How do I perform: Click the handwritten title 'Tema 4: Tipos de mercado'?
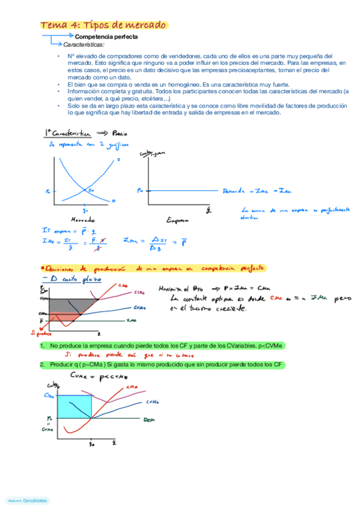(104, 25)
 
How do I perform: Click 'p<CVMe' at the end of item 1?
(270, 346)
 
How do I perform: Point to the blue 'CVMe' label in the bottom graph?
(153, 402)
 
